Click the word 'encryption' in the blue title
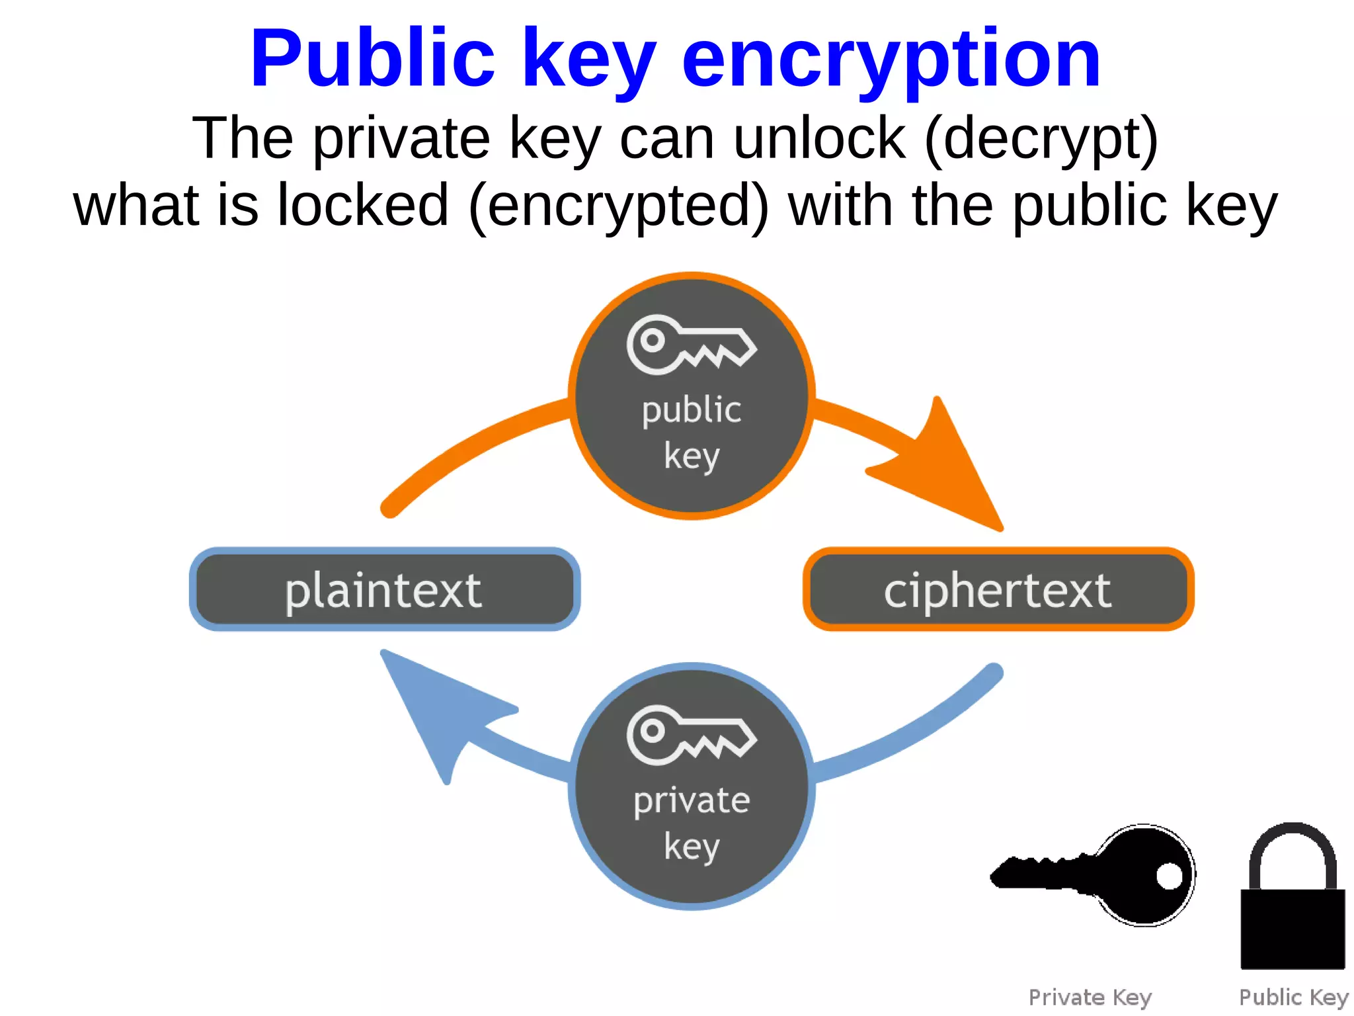click(891, 60)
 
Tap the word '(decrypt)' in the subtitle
click(1041, 139)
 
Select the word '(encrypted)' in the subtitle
click(619, 206)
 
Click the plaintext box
click(384, 589)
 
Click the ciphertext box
click(998, 589)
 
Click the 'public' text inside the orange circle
click(692, 411)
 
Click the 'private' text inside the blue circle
click(692, 801)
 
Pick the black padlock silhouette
click(1293, 926)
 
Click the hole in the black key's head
click(1169, 876)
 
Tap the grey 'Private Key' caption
click(1090, 997)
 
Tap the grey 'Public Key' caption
click(1293, 997)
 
